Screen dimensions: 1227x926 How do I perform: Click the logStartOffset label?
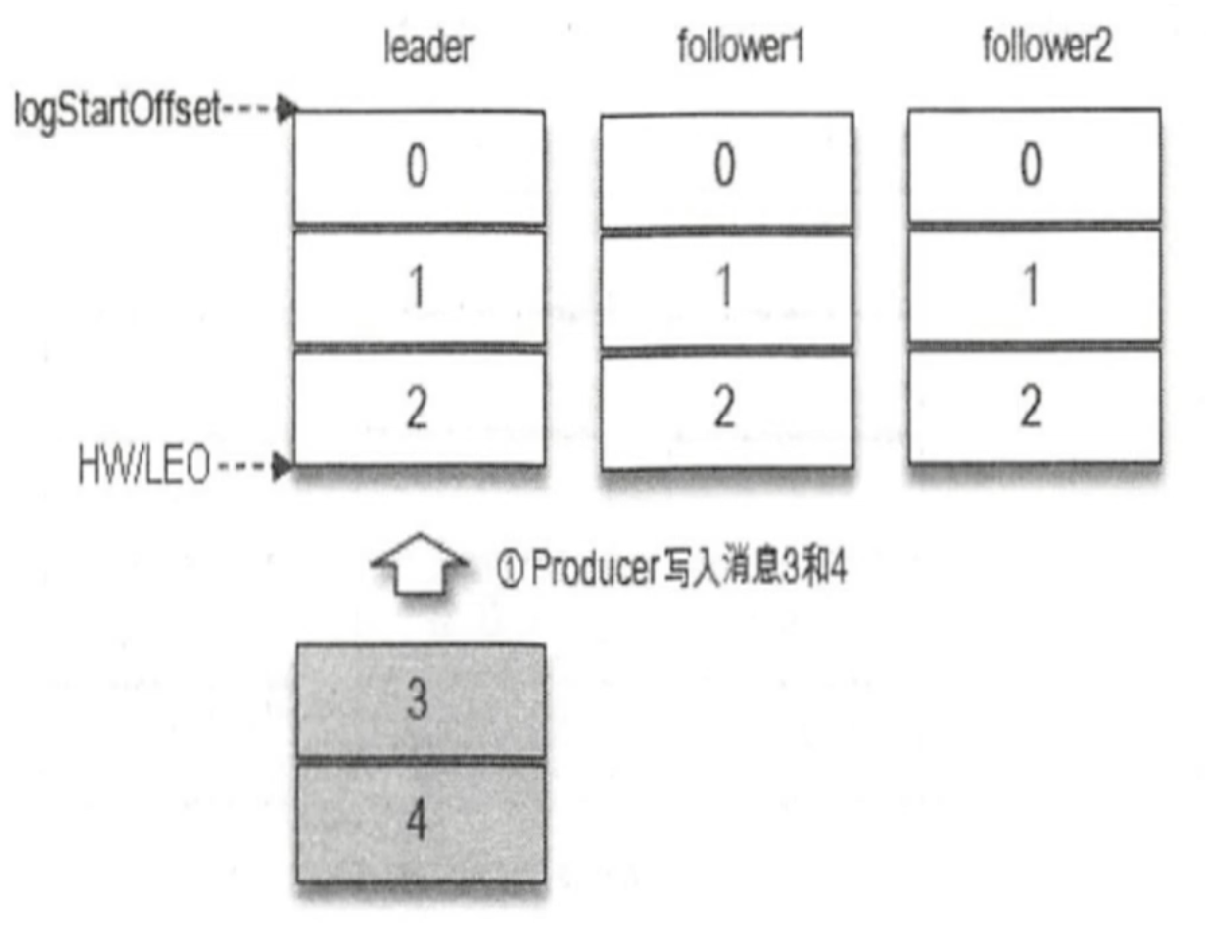click(x=115, y=111)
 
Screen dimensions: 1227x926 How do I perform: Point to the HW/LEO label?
click(x=144, y=466)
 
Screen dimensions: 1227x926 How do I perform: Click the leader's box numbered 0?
click(x=419, y=167)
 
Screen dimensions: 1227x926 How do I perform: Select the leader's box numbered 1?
click(x=419, y=288)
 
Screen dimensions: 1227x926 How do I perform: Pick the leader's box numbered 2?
click(x=419, y=408)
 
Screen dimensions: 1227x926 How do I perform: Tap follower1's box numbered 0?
click(x=726, y=167)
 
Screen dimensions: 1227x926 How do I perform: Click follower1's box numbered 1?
click(x=726, y=288)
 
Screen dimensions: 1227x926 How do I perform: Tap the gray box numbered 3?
click(x=421, y=701)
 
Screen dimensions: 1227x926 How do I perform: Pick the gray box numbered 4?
click(x=421, y=822)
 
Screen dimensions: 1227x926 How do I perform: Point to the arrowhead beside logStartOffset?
click(x=285, y=110)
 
